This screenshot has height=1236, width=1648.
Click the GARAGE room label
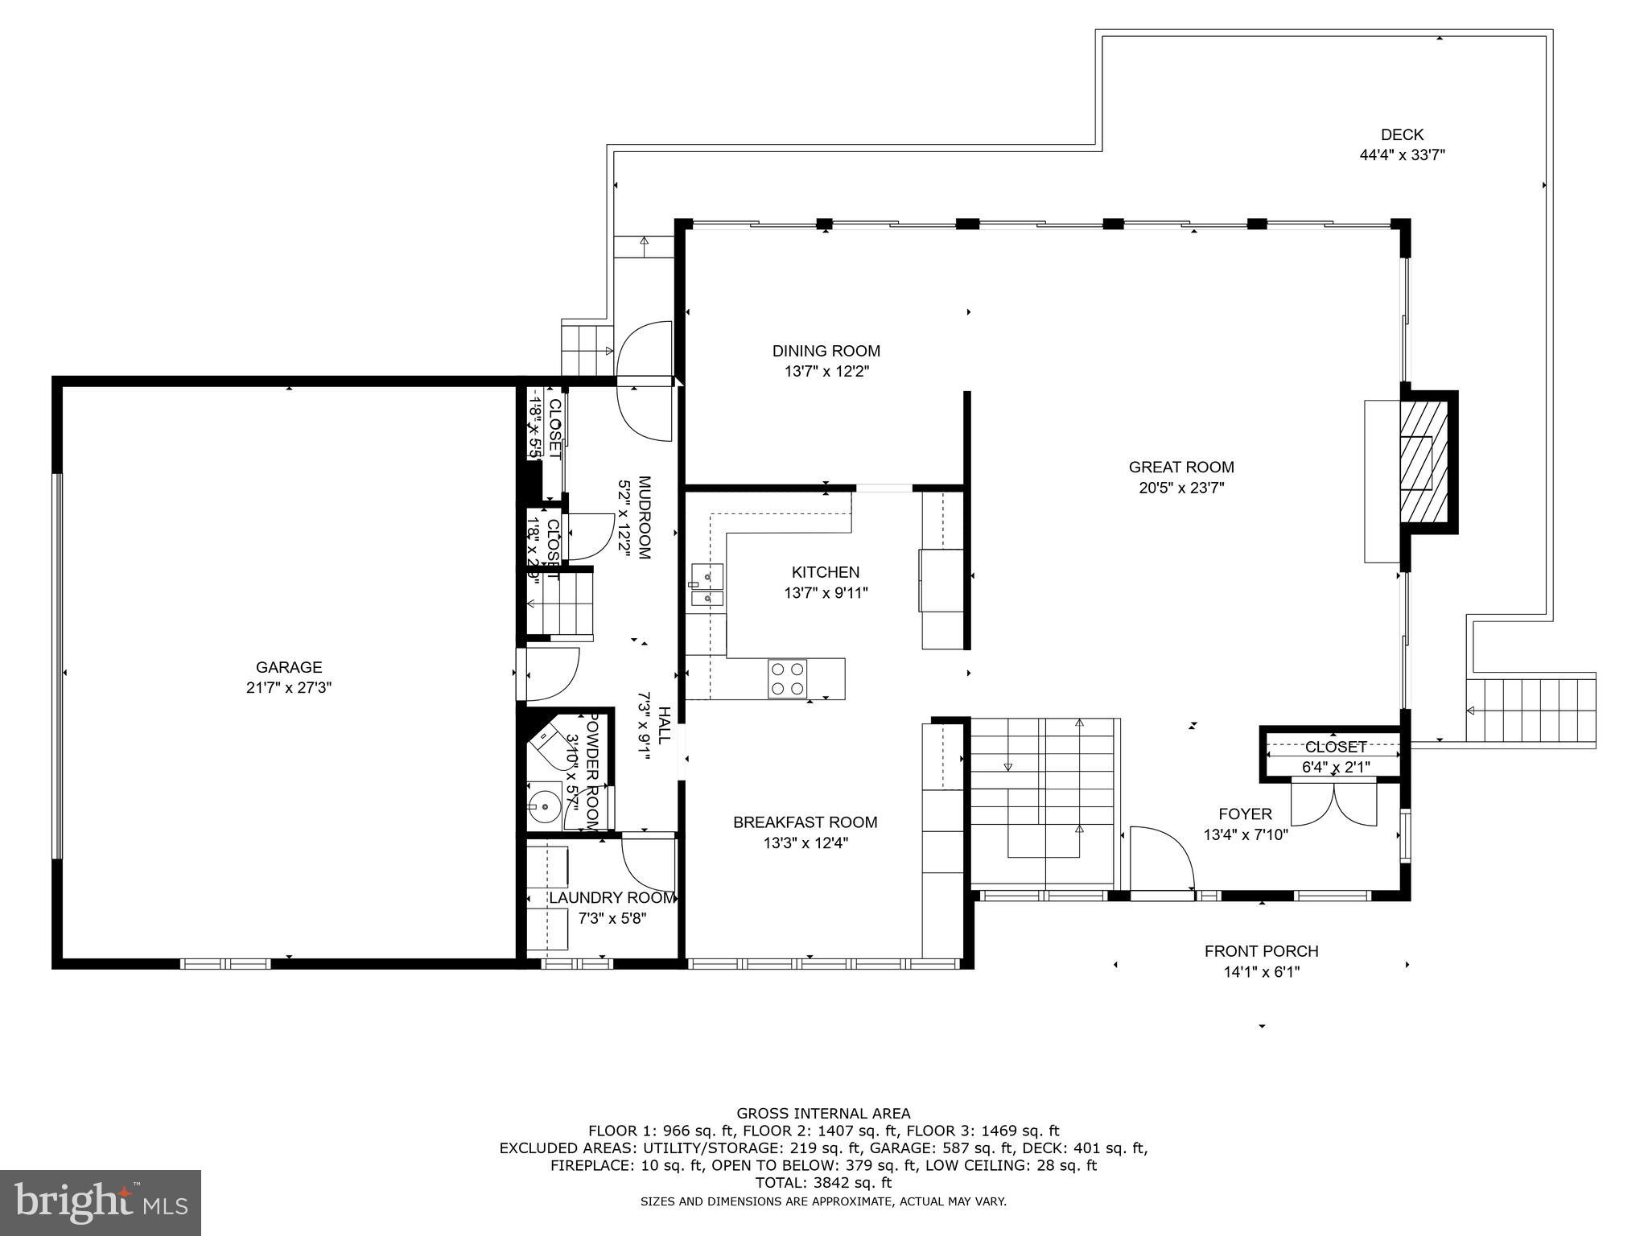point(289,666)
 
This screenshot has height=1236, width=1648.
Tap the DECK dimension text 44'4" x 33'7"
point(1402,156)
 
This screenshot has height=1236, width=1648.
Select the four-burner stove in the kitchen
point(787,678)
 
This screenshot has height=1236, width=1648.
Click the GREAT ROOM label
point(1180,467)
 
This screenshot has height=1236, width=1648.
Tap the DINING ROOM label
point(826,351)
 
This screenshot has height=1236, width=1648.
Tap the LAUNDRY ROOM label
point(612,897)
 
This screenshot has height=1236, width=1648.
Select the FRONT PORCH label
point(1261,951)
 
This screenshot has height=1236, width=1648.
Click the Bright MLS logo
point(101,1202)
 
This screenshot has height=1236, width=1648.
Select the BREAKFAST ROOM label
point(805,822)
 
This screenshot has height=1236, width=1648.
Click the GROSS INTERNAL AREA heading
point(823,1114)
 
